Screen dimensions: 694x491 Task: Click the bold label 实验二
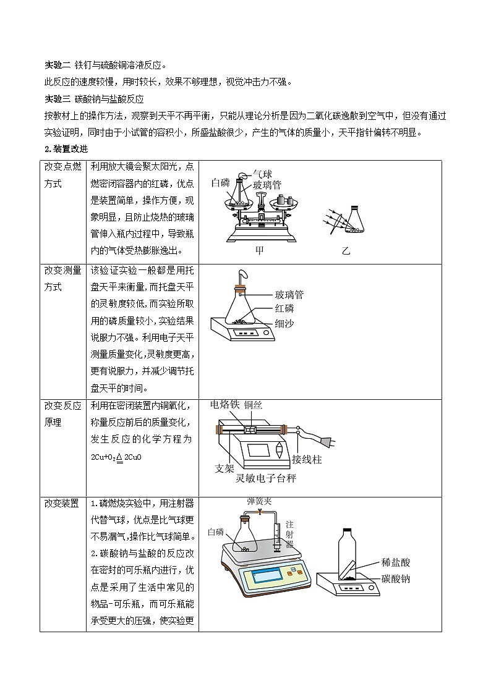tap(58, 65)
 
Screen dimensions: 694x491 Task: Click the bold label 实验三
tap(58, 98)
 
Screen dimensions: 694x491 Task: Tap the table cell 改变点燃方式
tap(62, 176)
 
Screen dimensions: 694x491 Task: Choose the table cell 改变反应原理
tap(62, 413)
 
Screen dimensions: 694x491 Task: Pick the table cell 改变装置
tap(62, 504)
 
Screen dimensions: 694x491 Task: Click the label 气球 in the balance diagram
tap(262, 175)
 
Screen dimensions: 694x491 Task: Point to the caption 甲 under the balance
tap(259, 251)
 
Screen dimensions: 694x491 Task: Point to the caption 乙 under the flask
tap(346, 251)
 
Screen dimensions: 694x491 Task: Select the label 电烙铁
tap(224, 405)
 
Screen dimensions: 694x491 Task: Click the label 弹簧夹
tap(259, 501)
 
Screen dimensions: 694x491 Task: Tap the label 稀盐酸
tap(396, 562)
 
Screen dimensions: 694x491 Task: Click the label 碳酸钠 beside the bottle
tap(396, 579)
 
